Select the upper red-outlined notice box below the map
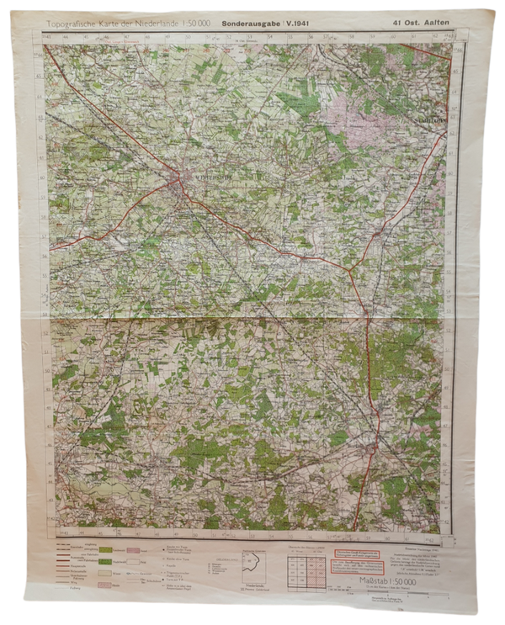(354, 553)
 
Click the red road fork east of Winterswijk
(348, 268)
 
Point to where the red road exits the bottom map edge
(354, 530)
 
